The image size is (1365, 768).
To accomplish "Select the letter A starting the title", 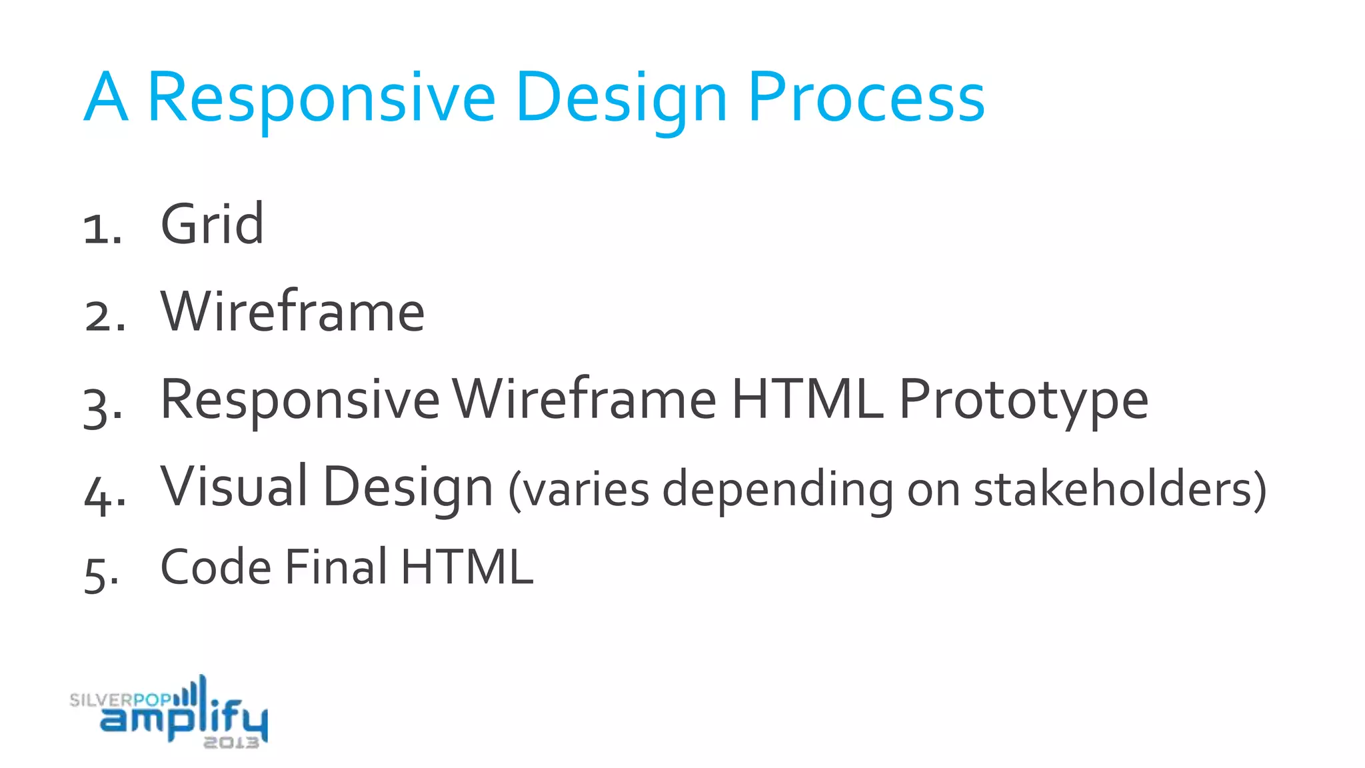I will pyautogui.click(x=106, y=99).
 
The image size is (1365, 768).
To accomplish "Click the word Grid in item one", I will pyautogui.click(x=212, y=225).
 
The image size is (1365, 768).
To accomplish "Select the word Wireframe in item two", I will pyautogui.click(x=292, y=311).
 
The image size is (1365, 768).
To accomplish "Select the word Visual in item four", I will pyautogui.click(x=234, y=487).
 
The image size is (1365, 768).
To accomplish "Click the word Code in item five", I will pyautogui.click(x=216, y=567).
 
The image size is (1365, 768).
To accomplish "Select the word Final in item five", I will pyautogui.click(x=336, y=567).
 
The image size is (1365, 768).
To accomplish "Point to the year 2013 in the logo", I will pyautogui.click(x=231, y=743).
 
